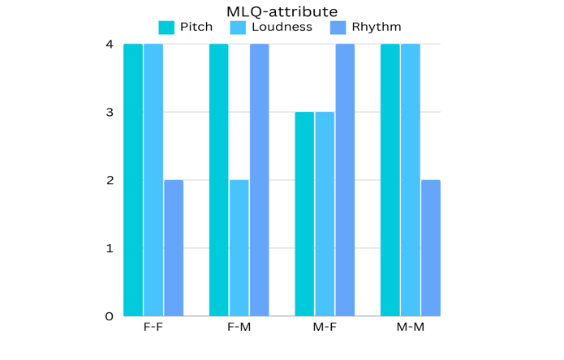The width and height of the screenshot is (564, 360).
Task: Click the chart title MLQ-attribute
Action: click(x=282, y=11)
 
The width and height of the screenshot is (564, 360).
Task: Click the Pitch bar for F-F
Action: click(x=133, y=180)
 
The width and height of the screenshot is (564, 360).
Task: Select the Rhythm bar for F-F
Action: click(x=174, y=248)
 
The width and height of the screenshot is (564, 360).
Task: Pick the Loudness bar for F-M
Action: click(x=239, y=248)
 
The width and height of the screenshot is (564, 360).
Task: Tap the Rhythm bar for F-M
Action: click(x=260, y=180)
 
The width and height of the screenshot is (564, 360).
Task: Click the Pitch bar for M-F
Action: click(x=304, y=214)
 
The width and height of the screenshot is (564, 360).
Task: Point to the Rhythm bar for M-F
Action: click(x=345, y=180)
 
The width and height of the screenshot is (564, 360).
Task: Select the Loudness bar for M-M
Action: click(x=411, y=180)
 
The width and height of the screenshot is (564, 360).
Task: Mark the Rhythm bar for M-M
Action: click(x=431, y=248)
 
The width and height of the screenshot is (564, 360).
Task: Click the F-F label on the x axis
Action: click(x=153, y=328)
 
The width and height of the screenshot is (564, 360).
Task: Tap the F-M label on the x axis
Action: click(x=239, y=328)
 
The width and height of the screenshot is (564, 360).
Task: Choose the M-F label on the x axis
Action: click(x=325, y=328)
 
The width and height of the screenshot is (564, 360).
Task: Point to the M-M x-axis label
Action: click(x=411, y=328)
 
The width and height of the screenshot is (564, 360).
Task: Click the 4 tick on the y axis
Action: click(x=109, y=44)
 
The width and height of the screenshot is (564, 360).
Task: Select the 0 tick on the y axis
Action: click(x=109, y=316)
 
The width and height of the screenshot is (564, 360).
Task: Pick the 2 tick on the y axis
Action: click(x=109, y=180)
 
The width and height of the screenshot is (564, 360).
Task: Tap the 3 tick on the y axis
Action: click(x=109, y=112)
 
